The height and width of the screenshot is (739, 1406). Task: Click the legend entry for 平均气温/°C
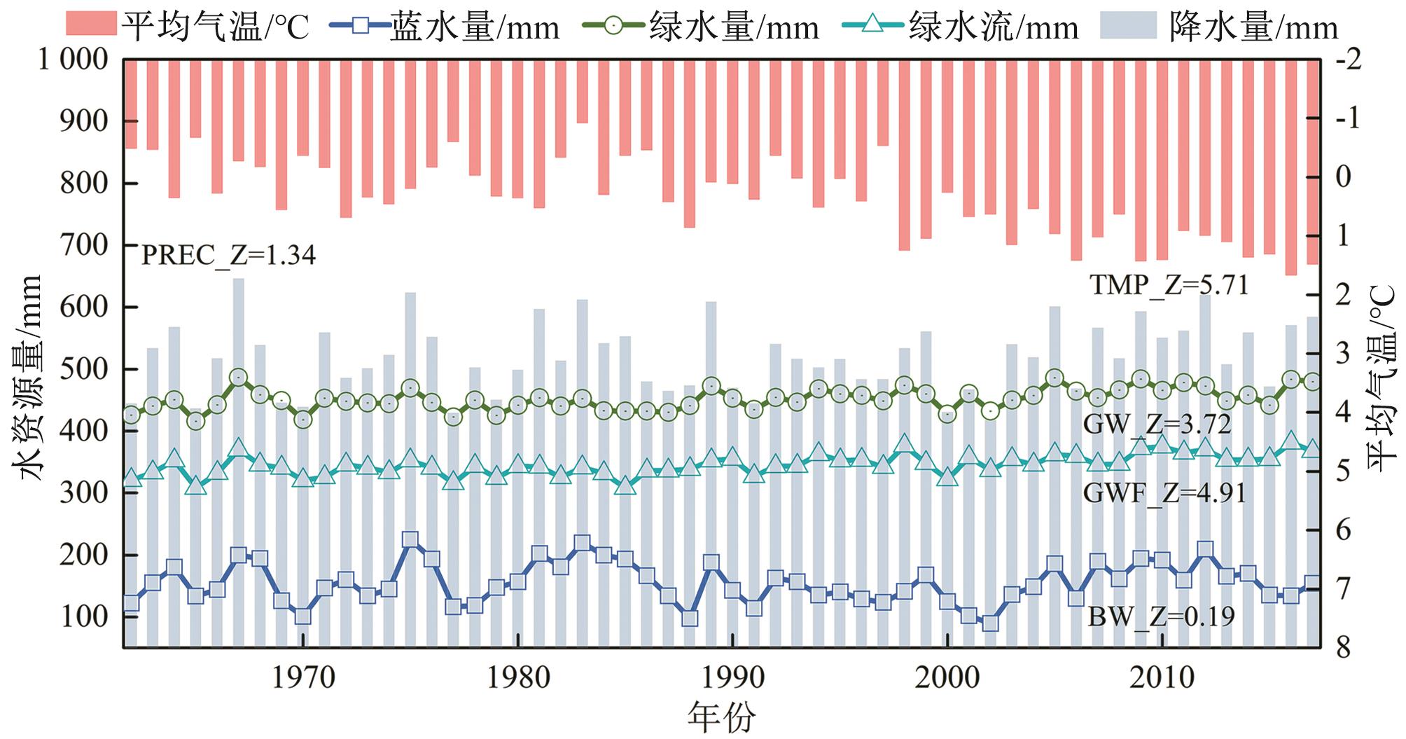point(188,27)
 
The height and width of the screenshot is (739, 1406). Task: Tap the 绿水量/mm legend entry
point(700,27)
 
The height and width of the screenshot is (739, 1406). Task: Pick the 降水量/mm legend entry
point(1219,27)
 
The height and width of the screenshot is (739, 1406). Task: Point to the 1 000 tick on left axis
point(73,60)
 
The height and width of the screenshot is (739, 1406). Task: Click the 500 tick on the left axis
point(84,369)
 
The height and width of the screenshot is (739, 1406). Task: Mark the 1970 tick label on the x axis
point(302,677)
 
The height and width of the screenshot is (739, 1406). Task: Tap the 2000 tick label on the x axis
point(947,677)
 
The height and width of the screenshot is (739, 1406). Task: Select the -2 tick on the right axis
point(1348,60)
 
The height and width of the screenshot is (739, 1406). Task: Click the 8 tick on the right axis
point(1343,647)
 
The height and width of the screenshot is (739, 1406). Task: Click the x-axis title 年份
point(721,717)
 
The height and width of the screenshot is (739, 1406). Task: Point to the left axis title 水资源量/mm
point(31,378)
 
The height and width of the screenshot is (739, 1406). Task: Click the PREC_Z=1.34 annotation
point(228,256)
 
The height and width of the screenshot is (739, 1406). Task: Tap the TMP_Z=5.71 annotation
point(1169,285)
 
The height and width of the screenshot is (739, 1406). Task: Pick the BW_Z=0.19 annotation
point(1161,616)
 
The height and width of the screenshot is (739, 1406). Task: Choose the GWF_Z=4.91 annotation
point(1164,493)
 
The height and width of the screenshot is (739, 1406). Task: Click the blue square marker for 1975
point(410,540)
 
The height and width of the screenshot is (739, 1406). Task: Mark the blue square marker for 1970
point(303,616)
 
